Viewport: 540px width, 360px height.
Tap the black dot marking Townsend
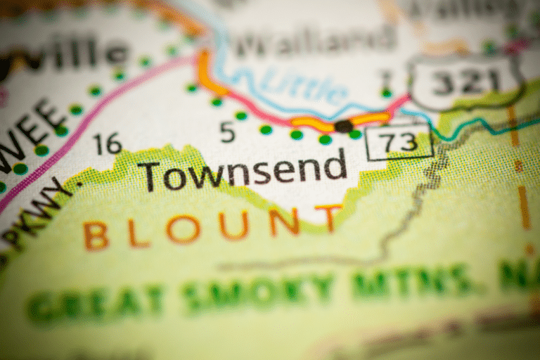343,126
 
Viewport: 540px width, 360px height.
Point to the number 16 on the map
108,143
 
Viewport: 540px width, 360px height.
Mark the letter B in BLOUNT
96,236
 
